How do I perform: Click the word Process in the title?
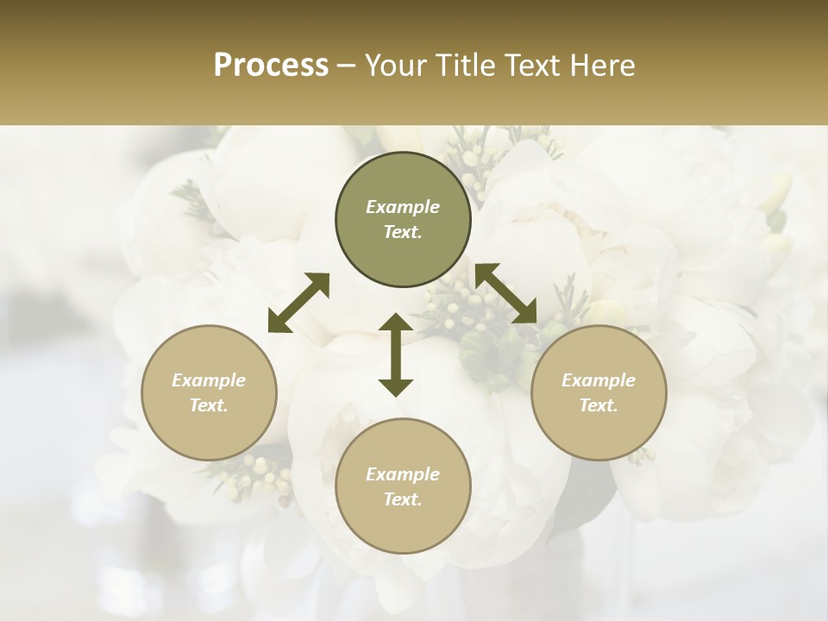271,66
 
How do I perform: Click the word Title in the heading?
468,66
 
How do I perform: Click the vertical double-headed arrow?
396,354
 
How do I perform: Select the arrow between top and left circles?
298,303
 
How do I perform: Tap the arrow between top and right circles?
506,293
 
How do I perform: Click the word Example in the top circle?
403,207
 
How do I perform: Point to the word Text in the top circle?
403,232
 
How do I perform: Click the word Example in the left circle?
209,380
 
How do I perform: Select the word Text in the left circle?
209,405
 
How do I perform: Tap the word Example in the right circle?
599,380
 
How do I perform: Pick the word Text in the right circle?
599,405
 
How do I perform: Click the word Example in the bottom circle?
403,474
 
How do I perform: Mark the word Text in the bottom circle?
403,499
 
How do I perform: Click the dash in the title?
347,66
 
